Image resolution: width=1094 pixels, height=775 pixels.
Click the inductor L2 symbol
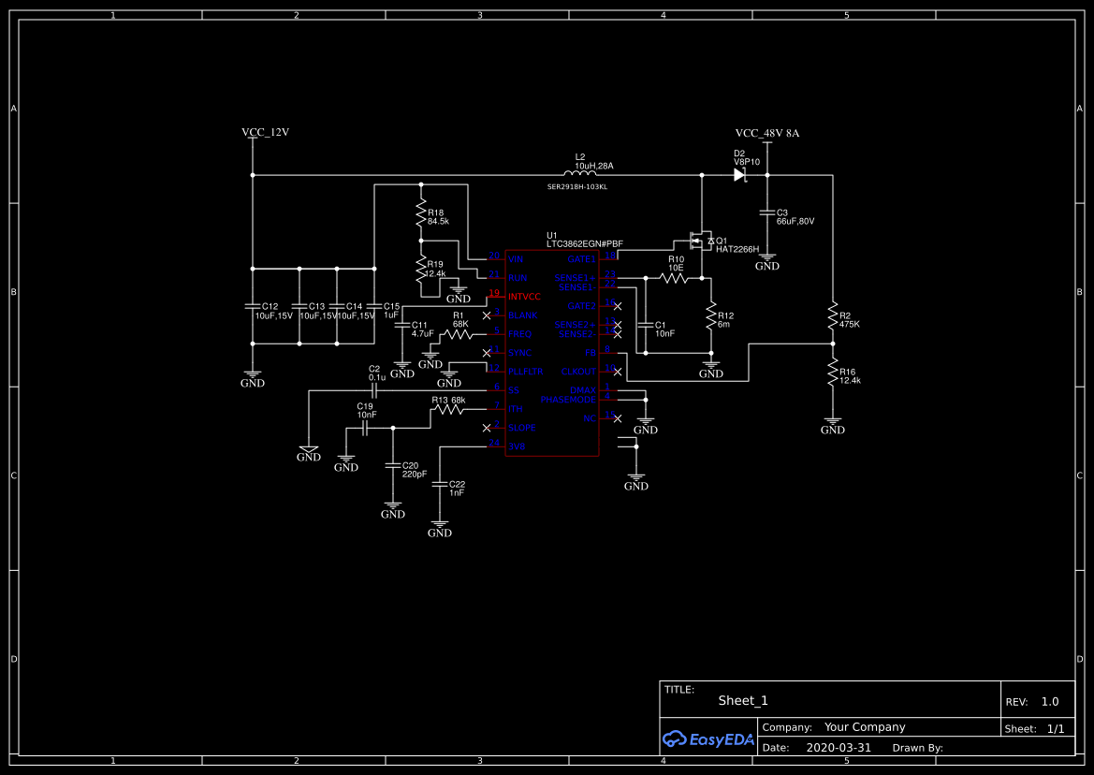point(580,174)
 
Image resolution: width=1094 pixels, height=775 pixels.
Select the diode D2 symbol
point(739,174)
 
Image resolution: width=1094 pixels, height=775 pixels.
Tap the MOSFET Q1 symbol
point(700,241)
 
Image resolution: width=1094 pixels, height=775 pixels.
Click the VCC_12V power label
point(265,133)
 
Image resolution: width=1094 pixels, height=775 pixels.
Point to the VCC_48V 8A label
point(766,133)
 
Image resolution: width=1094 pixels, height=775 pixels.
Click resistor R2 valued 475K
point(832,316)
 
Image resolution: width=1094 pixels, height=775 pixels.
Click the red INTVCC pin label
point(524,297)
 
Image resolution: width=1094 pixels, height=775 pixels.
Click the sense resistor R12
point(710,315)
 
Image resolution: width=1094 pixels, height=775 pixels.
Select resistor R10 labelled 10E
point(674,278)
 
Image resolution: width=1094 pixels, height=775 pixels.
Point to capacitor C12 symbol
point(252,306)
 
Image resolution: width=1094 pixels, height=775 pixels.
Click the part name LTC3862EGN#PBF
point(585,244)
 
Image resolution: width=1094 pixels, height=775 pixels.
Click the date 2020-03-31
point(838,748)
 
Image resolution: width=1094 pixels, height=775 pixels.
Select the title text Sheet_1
point(743,700)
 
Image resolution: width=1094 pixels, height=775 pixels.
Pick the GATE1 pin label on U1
point(581,259)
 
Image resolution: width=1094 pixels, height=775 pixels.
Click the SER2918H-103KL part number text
point(577,187)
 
